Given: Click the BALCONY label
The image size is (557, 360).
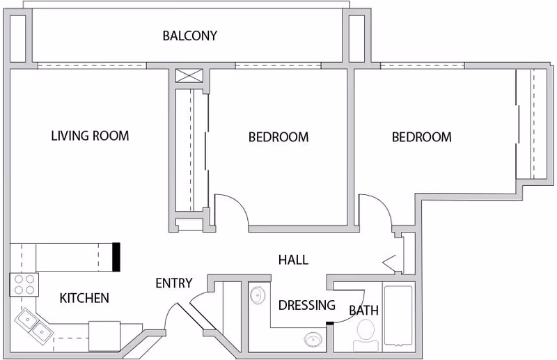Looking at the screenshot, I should click(189, 36).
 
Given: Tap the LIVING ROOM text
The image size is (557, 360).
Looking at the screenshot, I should click(90, 136).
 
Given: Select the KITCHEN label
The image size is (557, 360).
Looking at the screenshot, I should click(84, 298).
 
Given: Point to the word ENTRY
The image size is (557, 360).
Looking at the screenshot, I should click(173, 283).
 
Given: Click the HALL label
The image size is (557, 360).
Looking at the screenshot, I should click(293, 260).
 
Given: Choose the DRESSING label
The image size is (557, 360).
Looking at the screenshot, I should click(306, 305).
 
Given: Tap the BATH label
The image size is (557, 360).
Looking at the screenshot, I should click(363, 310).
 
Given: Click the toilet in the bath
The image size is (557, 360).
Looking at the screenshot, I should click(366, 332).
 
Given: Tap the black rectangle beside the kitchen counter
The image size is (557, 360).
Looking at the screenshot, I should click(117, 256).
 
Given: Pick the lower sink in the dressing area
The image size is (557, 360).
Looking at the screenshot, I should click(311, 340).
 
